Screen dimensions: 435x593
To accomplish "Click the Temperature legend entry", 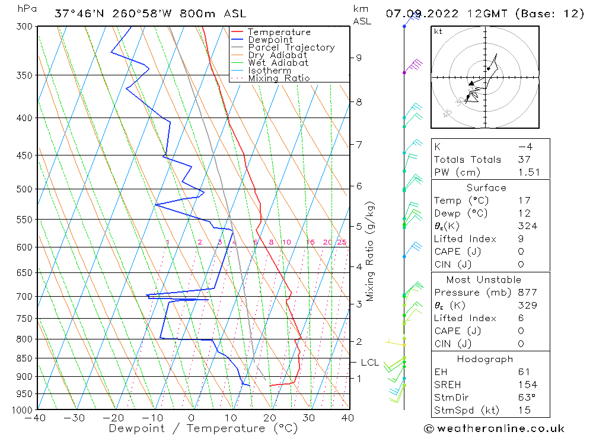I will (x=279, y=32).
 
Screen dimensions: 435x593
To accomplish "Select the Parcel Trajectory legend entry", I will (x=291, y=47).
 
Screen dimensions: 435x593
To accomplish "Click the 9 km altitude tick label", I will (x=359, y=58).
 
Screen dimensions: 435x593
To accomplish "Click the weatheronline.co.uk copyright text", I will (x=494, y=428).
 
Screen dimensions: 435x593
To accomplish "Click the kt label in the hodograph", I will (x=438, y=31).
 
